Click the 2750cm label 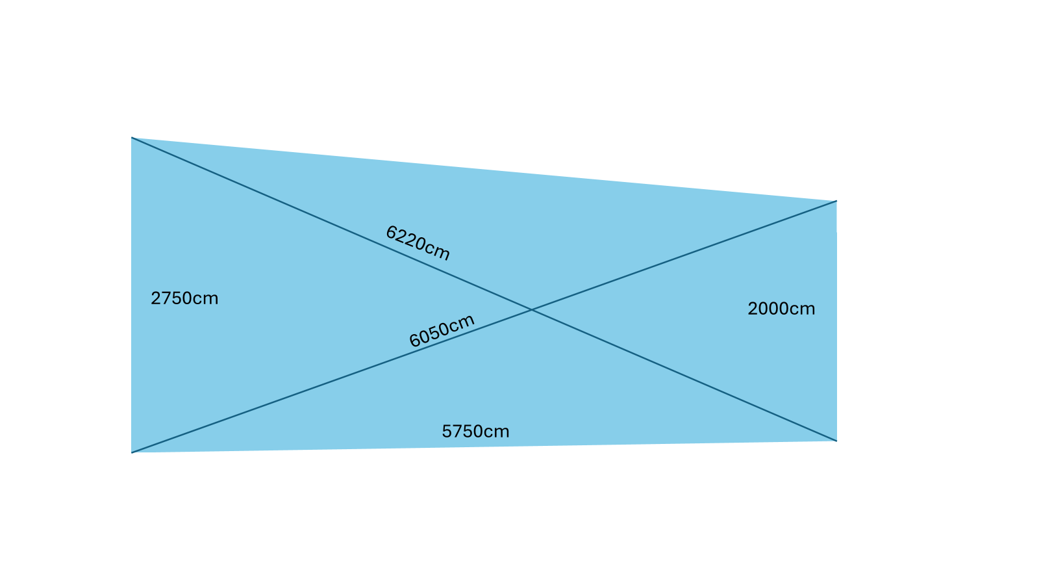click(x=184, y=298)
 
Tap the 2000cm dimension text click(x=781, y=309)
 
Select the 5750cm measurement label click(x=475, y=432)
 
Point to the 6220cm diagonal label click(x=418, y=242)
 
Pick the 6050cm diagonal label click(x=442, y=331)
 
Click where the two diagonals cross click(x=532, y=310)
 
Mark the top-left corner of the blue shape click(x=132, y=138)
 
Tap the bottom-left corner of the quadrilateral click(x=132, y=452)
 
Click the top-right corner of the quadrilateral click(x=836, y=201)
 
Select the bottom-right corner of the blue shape click(x=836, y=441)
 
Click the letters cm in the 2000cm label click(x=803, y=309)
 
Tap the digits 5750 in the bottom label click(x=464, y=432)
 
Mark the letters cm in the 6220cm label click(x=438, y=251)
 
